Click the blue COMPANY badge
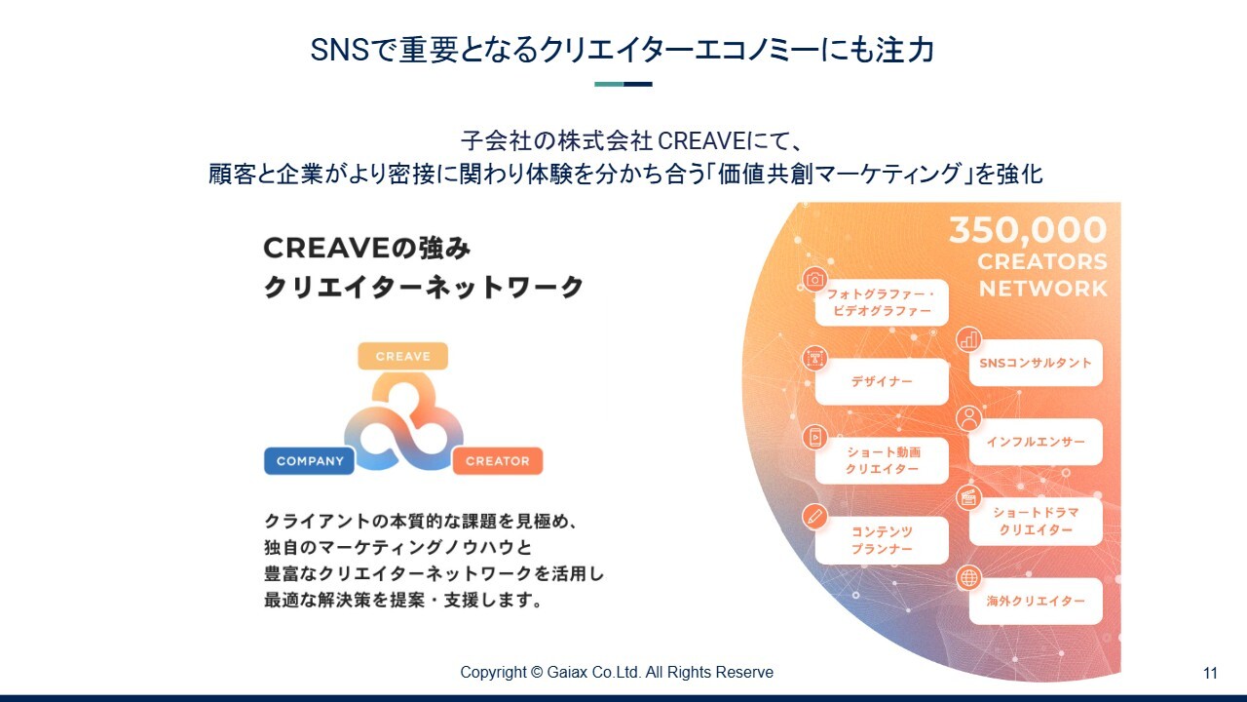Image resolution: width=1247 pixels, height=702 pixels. tap(309, 461)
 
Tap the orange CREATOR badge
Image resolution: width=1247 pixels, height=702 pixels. tap(498, 461)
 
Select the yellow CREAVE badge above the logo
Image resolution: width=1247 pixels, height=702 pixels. tap(403, 356)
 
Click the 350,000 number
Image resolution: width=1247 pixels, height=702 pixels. tap(1028, 230)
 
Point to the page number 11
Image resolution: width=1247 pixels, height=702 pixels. tap(1210, 673)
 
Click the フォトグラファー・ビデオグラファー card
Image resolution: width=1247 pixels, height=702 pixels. tap(882, 302)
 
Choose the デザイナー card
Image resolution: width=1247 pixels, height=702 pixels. tap(882, 381)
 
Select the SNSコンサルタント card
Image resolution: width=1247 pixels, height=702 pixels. tap(1036, 363)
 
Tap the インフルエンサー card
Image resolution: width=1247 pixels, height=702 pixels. tap(1036, 442)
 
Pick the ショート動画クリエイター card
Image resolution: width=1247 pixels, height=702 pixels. tap(882, 461)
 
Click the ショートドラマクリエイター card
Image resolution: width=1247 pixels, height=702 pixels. tap(1036, 521)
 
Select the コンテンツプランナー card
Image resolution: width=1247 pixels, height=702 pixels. tap(882, 540)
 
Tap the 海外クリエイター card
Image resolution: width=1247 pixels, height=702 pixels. tap(1036, 601)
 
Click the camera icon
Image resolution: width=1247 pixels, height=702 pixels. tap(814, 279)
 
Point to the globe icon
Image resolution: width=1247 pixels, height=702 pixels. tap(968, 578)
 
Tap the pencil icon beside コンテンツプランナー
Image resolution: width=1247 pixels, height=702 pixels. tap(814, 517)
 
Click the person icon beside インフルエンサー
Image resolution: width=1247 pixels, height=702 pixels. tap(968, 418)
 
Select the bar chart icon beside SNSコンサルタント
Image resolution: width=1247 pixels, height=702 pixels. tap(968, 339)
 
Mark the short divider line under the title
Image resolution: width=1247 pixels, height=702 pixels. tap(623, 84)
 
